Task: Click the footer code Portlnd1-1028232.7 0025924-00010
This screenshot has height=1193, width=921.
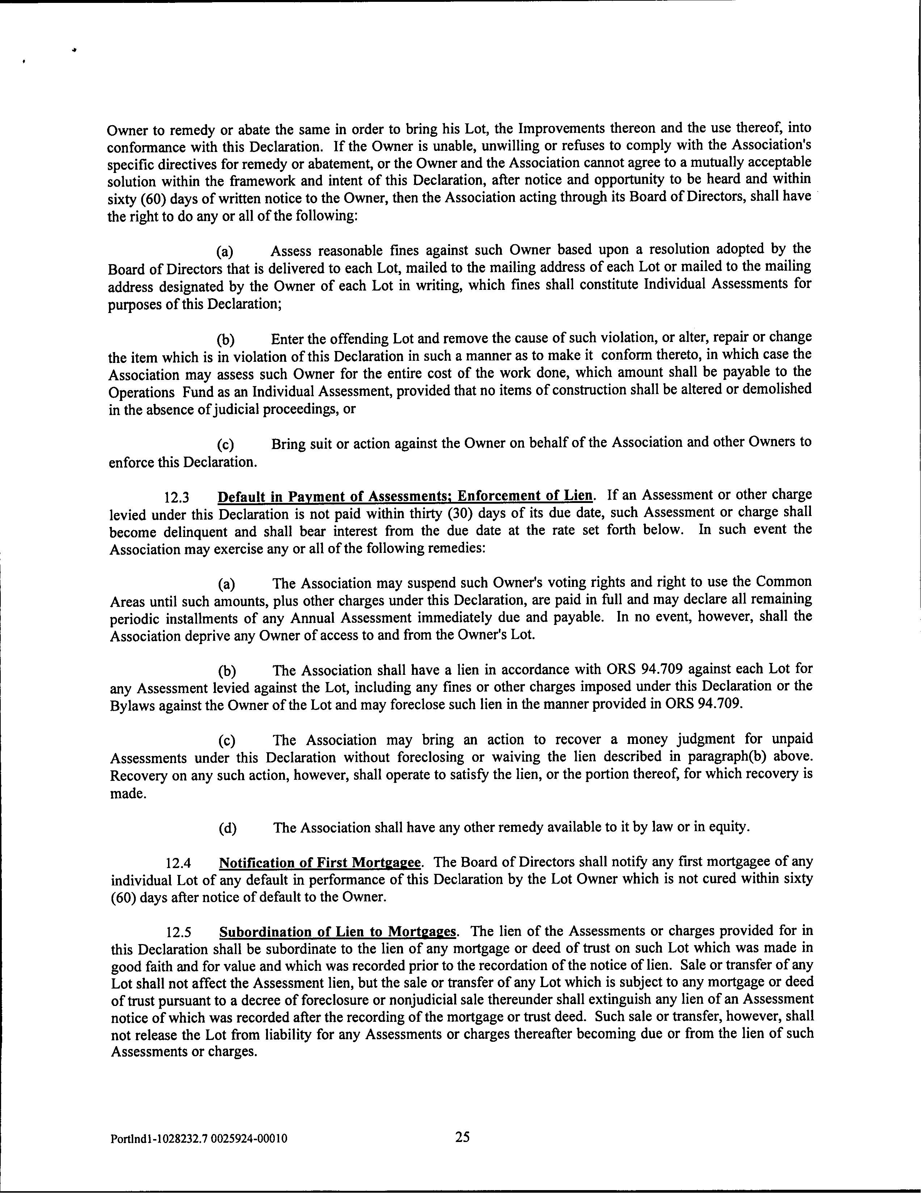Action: [198, 1139]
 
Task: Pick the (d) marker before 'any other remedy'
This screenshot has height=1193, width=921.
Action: [227, 829]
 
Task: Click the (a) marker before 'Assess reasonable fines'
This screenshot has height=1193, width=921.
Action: [225, 252]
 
